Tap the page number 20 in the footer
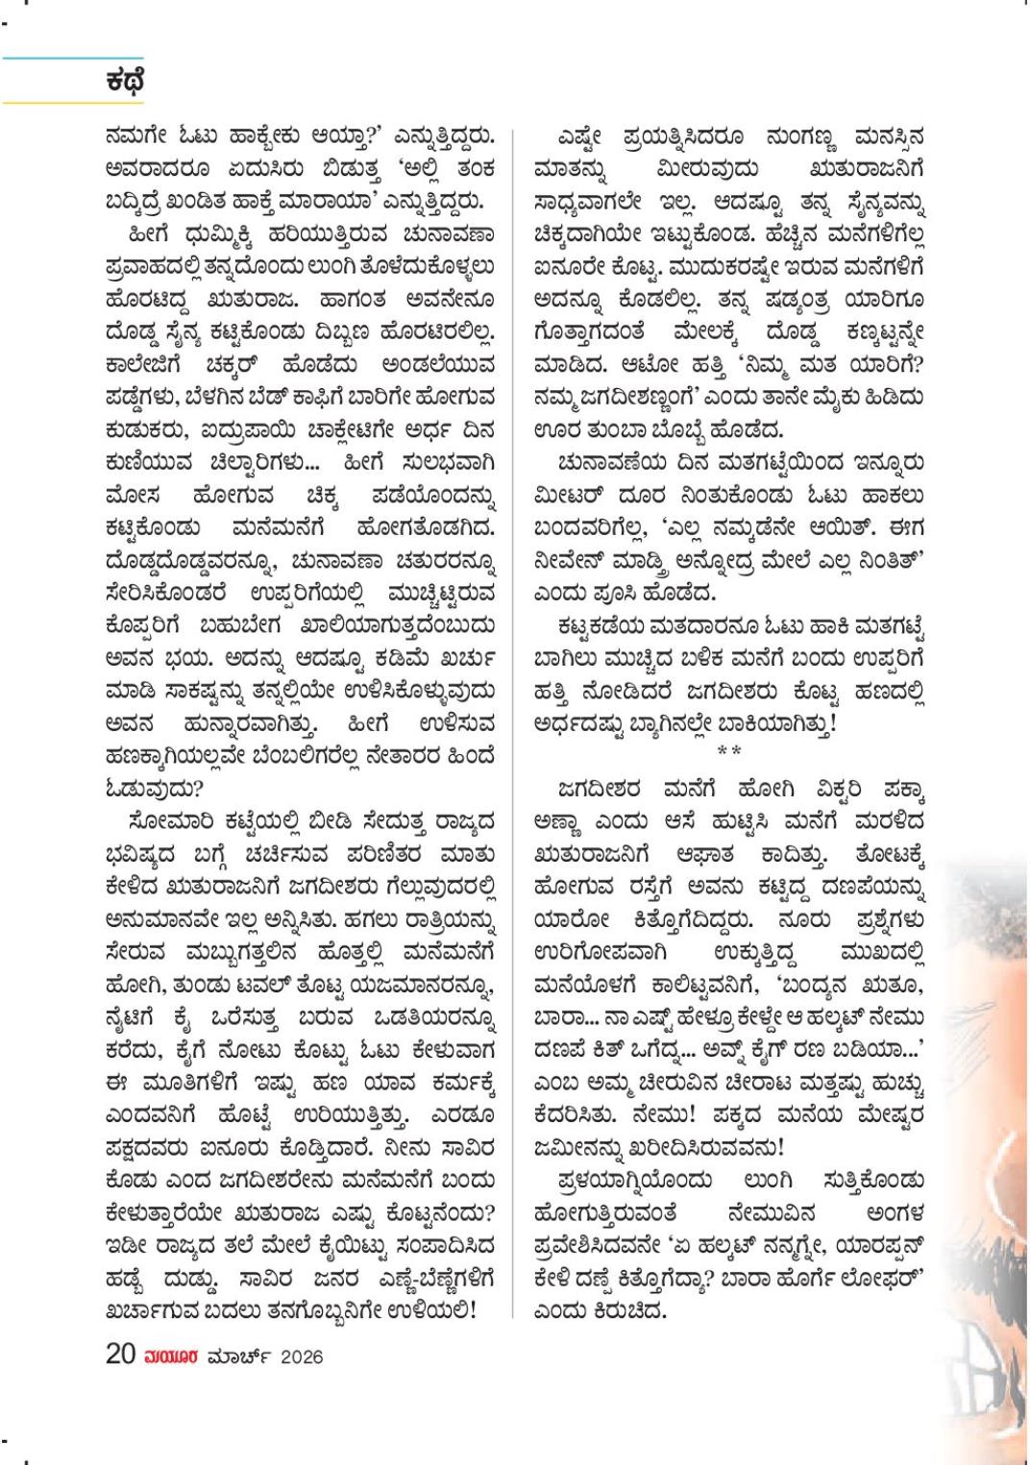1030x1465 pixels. click(120, 1355)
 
